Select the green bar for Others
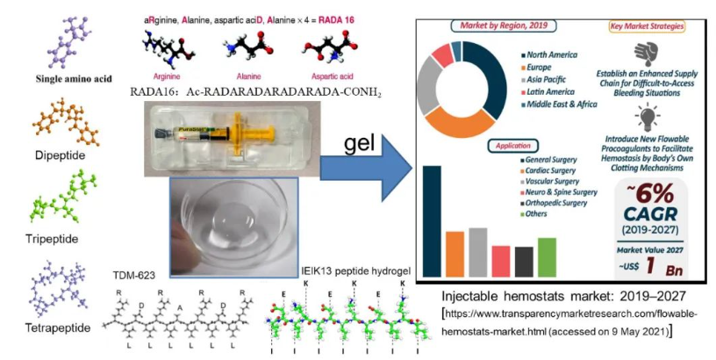pos(547,256)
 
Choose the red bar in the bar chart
pos(500,260)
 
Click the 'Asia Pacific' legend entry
pos(554,79)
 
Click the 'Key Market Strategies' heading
pos(648,27)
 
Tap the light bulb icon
pos(648,117)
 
